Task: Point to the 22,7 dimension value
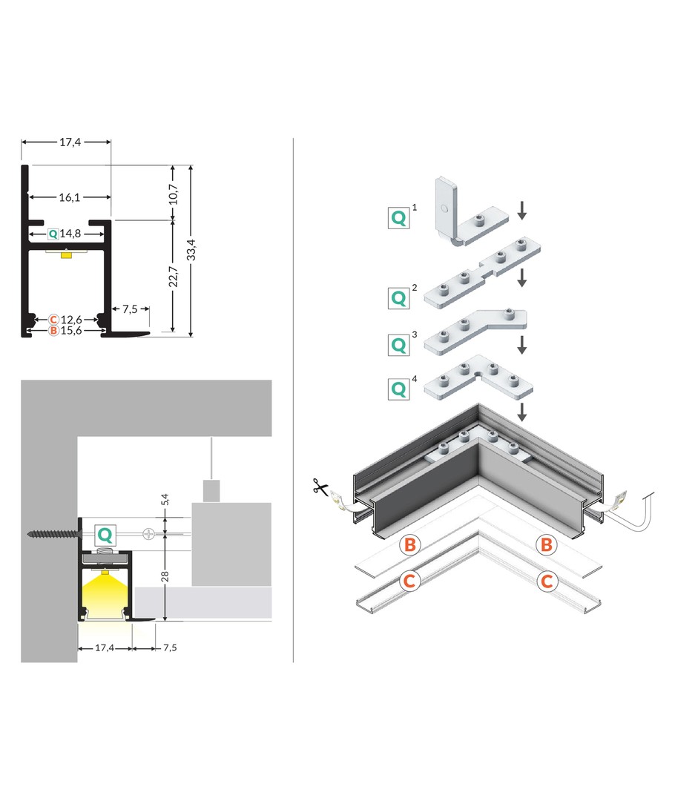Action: pyautogui.click(x=173, y=276)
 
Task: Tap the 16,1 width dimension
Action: pyautogui.click(x=69, y=197)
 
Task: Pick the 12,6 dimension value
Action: pyautogui.click(x=71, y=320)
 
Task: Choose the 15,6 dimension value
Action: pyautogui.click(x=71, y=331)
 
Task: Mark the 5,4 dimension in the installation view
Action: pyautogui.click(x=166, y=503)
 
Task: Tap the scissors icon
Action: pyautogui.click(x=321, y=488)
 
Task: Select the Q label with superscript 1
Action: pyautogui.click(x=399, y=217)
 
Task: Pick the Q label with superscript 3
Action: pyautogui.click(x=399, y=345)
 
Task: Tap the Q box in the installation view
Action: pyautogui.click(x=106, y=533)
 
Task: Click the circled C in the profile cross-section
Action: pyautogui.click(x=53, y=320)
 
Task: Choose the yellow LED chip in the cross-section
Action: pyautogui.click(x=67, y=255)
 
